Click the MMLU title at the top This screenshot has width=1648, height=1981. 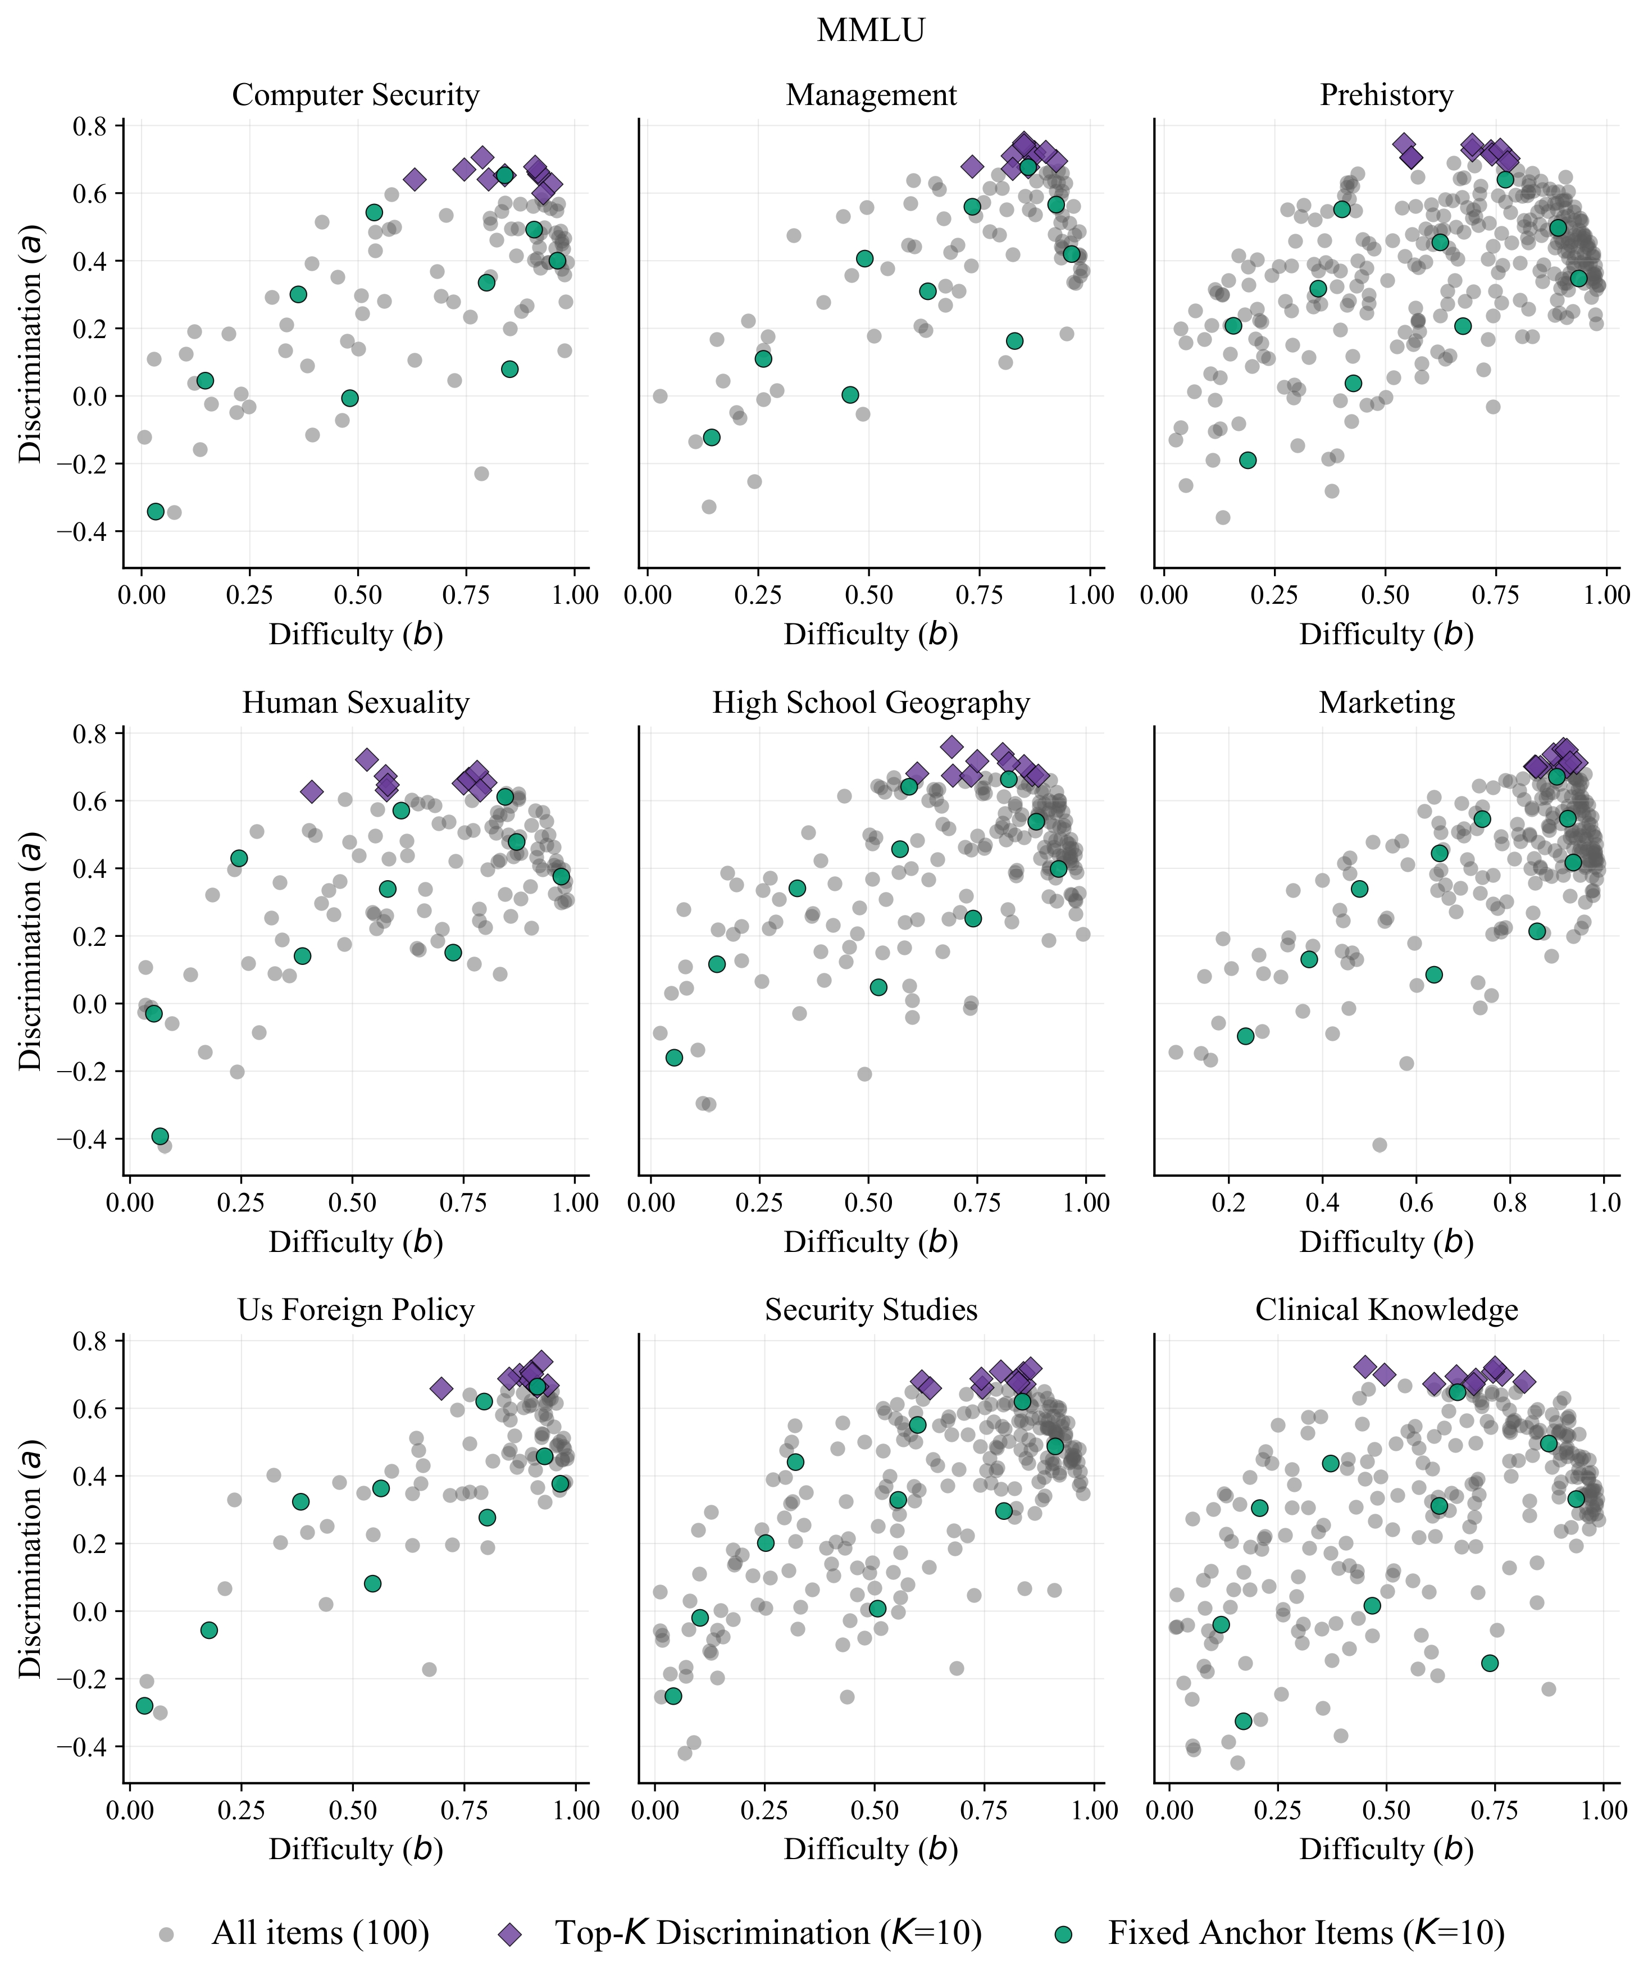coord(871,30)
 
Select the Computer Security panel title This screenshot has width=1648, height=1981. coord(356,95)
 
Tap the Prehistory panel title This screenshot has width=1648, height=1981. coord(1386,95)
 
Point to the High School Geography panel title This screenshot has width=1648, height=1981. coord(871,703)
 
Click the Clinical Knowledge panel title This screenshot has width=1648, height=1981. coord(1386,1310)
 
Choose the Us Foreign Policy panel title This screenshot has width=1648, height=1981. coord(356,1310)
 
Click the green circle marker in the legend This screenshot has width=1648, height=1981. coord(1063,1934)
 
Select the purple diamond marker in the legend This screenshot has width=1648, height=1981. coord(511,1934)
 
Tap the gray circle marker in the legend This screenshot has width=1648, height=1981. coord(167,1934)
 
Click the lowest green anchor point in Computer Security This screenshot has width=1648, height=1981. coord(156,511)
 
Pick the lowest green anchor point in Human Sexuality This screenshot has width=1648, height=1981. coord(161,1136)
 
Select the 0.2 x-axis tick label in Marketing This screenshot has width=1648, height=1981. coord(1228,1203)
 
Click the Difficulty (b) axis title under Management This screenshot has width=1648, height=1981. coord(871,635)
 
